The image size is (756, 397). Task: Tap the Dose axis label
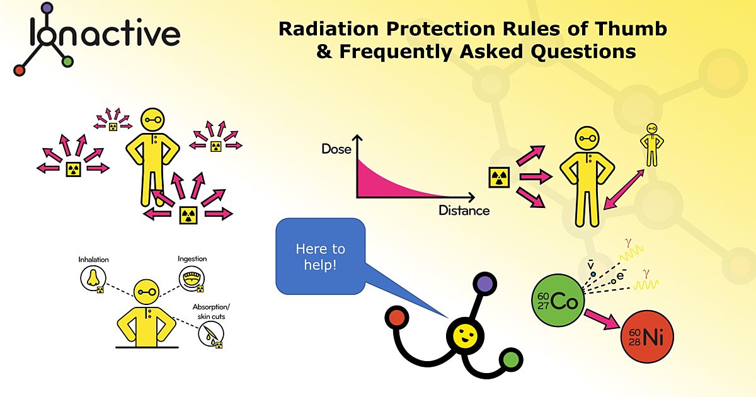[x=336, y=149]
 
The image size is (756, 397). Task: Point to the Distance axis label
[x=464, y=210]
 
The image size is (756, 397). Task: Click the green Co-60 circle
[x=554, y=302]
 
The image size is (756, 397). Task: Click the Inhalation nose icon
[x=93, y=278]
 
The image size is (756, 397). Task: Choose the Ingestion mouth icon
[x=192, y=277]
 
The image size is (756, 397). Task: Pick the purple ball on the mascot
[x=485, y=283]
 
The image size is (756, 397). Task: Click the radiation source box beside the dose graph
[x=499, y=178]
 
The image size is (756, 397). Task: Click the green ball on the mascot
[x=512, y=360]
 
